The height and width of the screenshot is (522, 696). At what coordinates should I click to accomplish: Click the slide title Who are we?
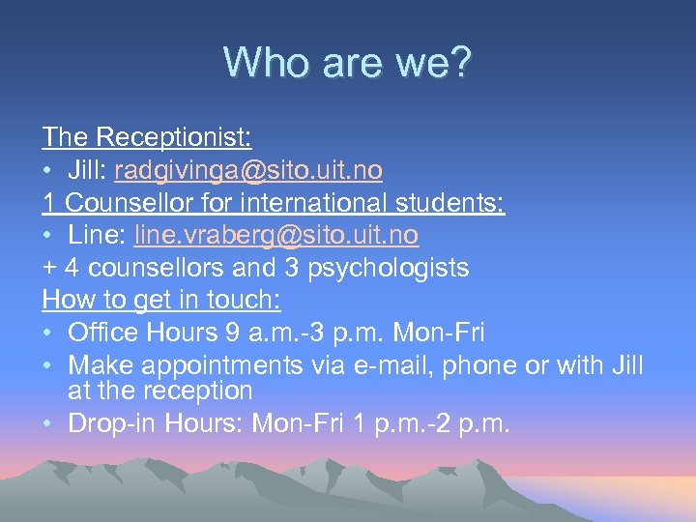(x=348, y=64)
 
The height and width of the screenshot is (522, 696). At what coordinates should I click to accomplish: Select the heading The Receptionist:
(x=132, y=137)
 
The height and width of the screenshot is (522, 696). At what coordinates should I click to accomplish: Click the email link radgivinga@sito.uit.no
(x=248, y=170)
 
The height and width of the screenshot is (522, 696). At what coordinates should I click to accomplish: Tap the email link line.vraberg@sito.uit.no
(x=276, y=235)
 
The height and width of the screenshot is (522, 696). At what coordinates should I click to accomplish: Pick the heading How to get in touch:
(x=161, y=301)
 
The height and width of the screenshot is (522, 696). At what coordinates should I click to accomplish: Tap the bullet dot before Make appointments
(x=48, y=366)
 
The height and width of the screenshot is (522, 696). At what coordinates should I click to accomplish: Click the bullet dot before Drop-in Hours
(x=48, y=423)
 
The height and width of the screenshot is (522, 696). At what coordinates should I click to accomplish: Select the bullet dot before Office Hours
(x=48, y=333)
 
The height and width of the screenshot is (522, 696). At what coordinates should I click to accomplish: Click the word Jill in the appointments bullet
(x=626, y=366)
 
